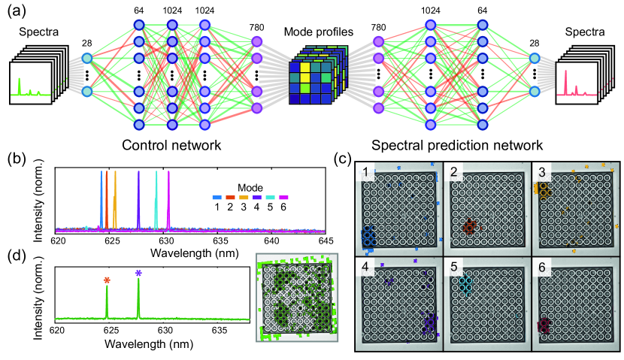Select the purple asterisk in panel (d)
coord(138,275)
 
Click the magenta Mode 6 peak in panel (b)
coord(168,197)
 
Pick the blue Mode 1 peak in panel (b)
coord(101,197)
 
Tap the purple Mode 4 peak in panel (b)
coord(138,197)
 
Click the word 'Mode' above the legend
coord(249,185)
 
